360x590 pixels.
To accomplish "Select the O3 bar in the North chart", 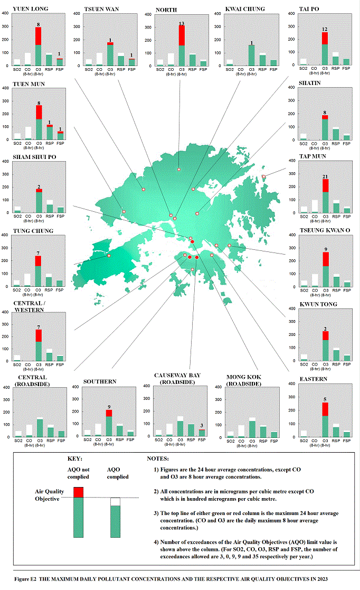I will pos(182,48).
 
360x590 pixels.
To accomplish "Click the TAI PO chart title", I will pos(310,8).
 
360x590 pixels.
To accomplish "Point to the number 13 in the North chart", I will pos(182,23).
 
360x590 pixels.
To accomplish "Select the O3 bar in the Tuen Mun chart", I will pos(39,123).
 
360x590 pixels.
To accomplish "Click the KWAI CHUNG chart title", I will pos(245,9).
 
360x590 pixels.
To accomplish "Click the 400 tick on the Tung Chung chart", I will pos(6,236).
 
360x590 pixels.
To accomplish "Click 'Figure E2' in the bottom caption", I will pos(29,579).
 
